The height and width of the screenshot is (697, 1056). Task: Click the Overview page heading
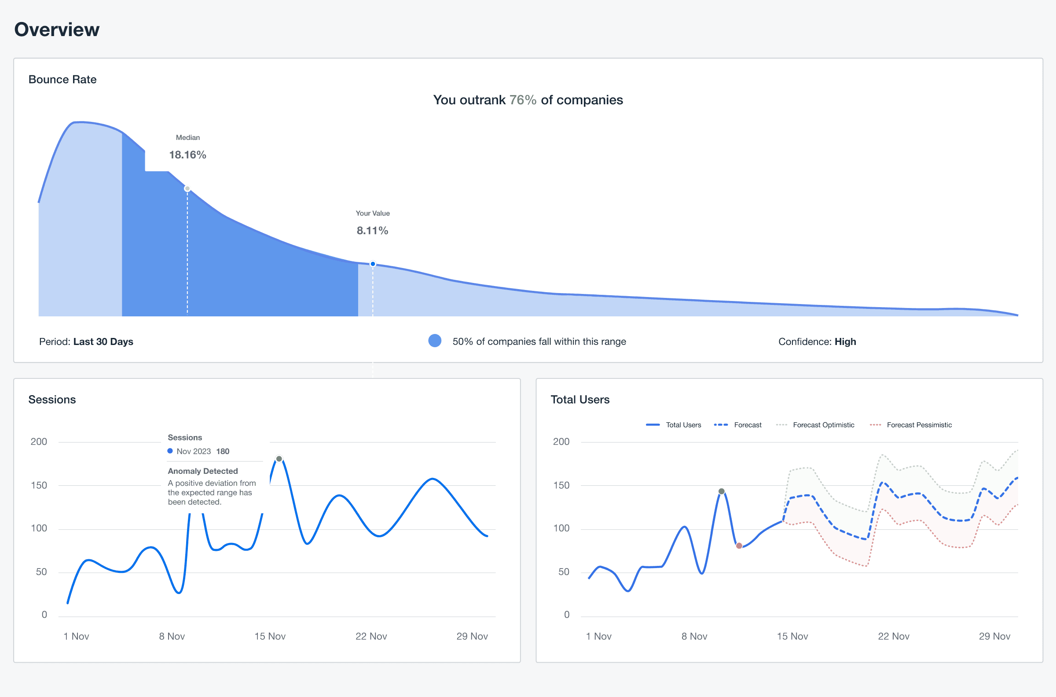57,29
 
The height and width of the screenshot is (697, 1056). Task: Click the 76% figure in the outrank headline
523,100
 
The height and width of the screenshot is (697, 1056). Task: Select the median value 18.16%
187,155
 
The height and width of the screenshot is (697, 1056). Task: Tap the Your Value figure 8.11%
372,230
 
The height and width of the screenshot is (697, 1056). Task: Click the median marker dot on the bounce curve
187,188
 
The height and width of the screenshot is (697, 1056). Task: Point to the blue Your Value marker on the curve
373,264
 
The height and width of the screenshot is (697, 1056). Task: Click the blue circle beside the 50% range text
435,341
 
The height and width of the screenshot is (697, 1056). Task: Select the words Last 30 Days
103,341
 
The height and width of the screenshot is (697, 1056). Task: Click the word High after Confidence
845,341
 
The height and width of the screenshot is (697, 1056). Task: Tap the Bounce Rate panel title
62,80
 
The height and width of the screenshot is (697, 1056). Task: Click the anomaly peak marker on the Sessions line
279,459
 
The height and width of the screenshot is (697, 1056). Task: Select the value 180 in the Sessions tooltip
223,451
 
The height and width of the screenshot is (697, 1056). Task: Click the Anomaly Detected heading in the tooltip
203,471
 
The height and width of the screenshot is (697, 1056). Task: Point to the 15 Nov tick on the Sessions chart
270,636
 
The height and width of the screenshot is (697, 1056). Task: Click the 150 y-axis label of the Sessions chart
39,485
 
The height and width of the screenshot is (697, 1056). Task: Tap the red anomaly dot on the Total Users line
739,546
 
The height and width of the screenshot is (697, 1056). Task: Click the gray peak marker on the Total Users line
722,491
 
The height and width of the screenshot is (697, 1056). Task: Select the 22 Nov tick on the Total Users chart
893,636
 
